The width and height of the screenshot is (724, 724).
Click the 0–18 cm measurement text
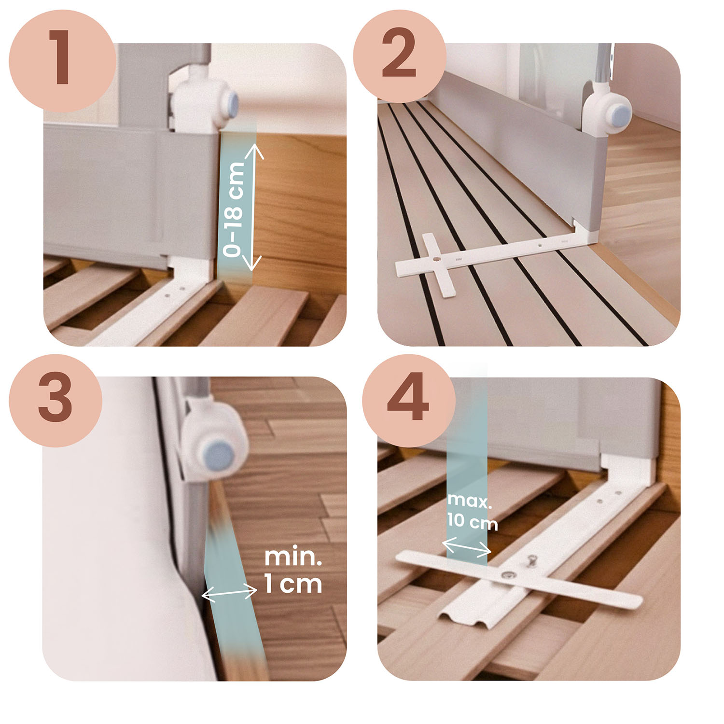(x=236, y=209)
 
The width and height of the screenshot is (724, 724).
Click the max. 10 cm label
(x=472, y=512)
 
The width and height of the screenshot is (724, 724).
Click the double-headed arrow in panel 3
(x=229, y=593)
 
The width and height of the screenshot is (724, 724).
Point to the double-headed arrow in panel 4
(x=467, y=547)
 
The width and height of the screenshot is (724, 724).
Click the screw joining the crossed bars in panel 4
(x=508, y=574)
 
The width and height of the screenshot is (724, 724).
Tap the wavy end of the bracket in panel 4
(x=466, y=620)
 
